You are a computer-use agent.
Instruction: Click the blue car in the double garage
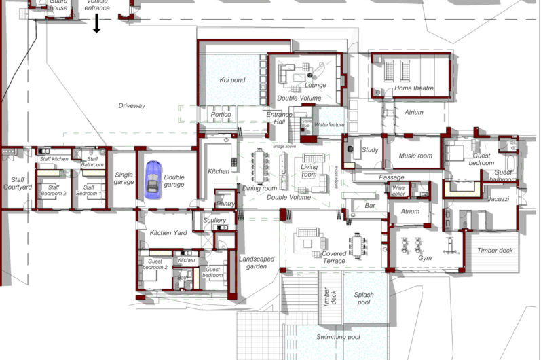tap(153, 180)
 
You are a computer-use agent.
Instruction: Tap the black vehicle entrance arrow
tap(97, 24)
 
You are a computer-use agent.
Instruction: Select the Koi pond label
tap(232, 80)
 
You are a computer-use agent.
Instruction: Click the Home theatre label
tap(413, 89)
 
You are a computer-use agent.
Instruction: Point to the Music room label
tap(415, 156)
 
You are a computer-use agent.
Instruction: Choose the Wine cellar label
tap(398, 190)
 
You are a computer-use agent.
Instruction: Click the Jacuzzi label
tap(498, 199)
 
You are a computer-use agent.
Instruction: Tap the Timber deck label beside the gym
tap(495, 251)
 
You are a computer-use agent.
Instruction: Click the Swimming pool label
tap(339, 337)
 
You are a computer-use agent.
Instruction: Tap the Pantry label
tap(225, 204)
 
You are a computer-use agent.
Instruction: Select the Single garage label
tap(124, 178)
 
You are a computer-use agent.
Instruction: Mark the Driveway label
tap(132, 106)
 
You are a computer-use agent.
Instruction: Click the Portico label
tap(221, 115)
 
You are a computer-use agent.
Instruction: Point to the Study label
tap(370, 150)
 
